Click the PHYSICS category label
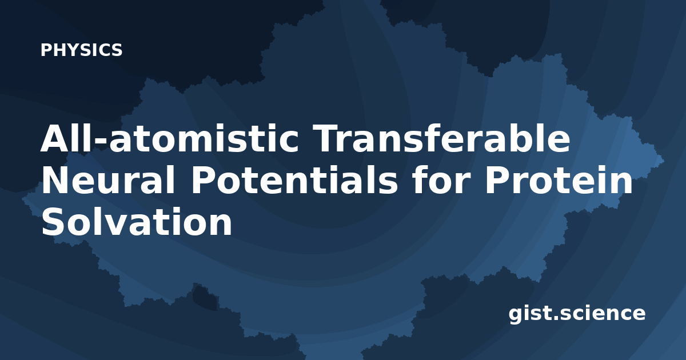tap(81, 50)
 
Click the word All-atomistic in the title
tap(170, 138)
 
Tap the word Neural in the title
tap(108, 179)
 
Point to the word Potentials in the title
tap(294, 179)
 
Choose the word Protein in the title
tap(559, 179)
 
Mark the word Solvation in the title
tap(137, 221)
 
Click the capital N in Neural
tap(55, 179)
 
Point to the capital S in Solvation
tap(53, 221)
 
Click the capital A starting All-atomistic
tap(55, 138)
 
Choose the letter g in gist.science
tap(516, 316)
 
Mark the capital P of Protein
tap(497, 179)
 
